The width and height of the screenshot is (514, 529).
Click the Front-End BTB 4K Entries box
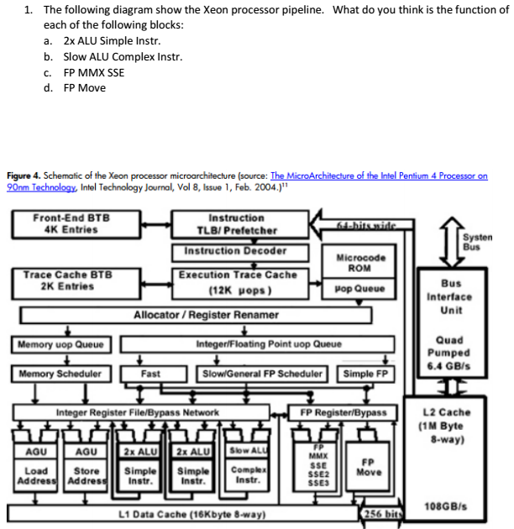[x=71, y=224]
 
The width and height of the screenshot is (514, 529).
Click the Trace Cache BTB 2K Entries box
[x=68, y=280]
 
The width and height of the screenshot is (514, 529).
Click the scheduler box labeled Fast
[x=151, y=374]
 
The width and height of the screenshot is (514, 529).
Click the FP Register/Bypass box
[x=344, y=412]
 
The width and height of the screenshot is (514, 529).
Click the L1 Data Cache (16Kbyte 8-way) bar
[x=181, y=511]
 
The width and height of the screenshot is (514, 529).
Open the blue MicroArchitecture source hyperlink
[x=378, y=176]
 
